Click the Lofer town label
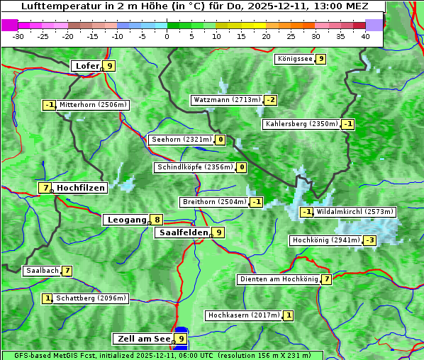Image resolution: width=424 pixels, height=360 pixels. [87, 66]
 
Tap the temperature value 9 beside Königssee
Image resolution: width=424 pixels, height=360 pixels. [320, 59]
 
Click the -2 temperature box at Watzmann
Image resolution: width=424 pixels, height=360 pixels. [271, 100]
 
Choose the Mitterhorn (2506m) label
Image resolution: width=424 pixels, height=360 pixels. [93, 105]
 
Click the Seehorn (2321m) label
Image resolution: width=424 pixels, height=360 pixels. [182, 140]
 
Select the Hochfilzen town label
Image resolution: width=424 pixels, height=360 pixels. [81, 188]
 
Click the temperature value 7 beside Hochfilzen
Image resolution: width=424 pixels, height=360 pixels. [45, 188]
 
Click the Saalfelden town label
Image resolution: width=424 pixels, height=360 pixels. [183, 232]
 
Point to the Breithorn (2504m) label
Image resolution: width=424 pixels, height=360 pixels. [214, 202]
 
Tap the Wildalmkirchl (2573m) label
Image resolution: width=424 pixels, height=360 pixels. [355, 211]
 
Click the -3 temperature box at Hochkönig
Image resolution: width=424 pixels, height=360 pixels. [369, 240]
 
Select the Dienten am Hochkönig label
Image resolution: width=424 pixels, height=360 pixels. [279, 279]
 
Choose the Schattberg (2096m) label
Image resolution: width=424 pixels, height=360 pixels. [91, 298]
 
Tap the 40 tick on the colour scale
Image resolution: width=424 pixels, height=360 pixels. [365, 35]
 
